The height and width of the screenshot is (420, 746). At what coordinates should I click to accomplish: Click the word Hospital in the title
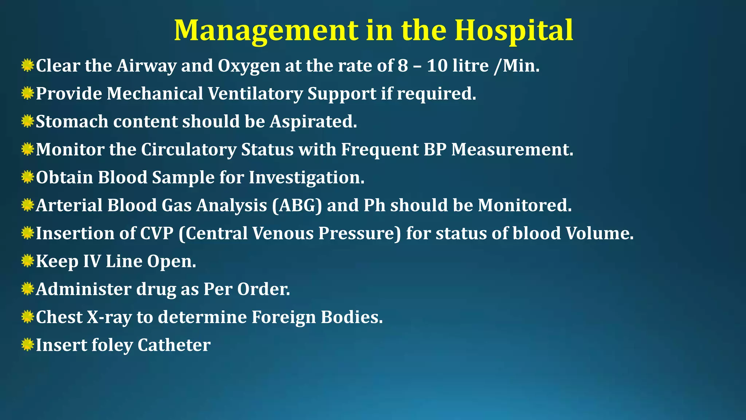514,31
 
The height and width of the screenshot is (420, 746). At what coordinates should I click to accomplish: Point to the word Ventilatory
255,94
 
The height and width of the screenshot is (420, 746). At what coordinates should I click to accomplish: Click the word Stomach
72,122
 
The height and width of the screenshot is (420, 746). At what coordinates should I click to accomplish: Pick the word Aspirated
313,122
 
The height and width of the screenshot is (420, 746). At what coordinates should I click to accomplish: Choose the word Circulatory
189,150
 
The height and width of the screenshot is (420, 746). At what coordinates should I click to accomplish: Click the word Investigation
306,178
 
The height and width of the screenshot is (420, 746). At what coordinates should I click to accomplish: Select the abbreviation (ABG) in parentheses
297,206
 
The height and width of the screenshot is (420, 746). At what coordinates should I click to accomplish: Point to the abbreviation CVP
157,233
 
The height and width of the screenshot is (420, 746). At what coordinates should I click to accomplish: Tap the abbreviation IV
92,261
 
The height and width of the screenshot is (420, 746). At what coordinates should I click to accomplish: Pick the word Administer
84,289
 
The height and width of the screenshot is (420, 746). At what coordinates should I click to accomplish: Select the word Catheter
174,345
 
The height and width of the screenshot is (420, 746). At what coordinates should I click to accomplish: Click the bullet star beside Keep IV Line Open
27,261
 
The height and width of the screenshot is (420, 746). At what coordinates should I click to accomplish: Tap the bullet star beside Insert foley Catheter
27,345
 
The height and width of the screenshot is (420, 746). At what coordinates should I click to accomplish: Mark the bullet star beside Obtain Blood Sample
27,177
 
